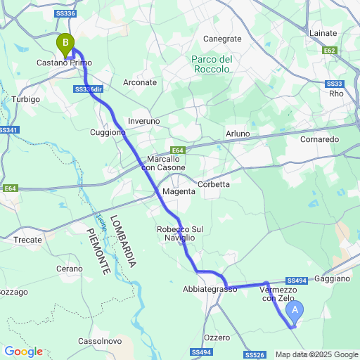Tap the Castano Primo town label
click(65, 63)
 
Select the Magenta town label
click(178, 191)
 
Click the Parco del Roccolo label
click(212, 65)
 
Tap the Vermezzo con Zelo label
click(278, 294)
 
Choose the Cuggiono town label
click(108, 131)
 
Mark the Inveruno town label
click(144, 121)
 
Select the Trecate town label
click(28, 240)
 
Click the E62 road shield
click(330, 51)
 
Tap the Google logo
click(23, 352)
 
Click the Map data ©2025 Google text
click(316, 354)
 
